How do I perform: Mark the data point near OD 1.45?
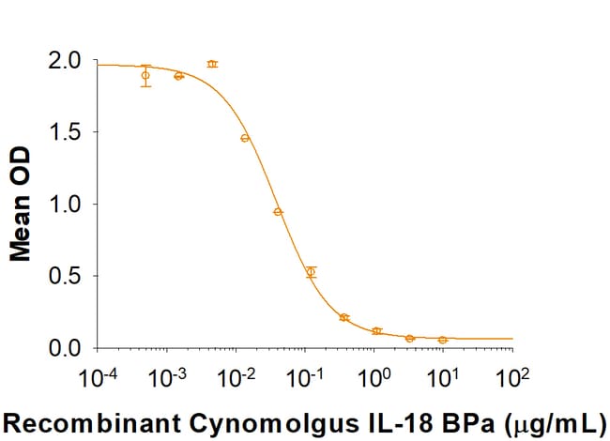click(245, 138)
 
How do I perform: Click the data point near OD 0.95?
click(278, 211)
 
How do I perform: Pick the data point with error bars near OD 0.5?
click(312, 272)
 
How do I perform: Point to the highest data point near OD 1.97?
click(212, 64)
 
